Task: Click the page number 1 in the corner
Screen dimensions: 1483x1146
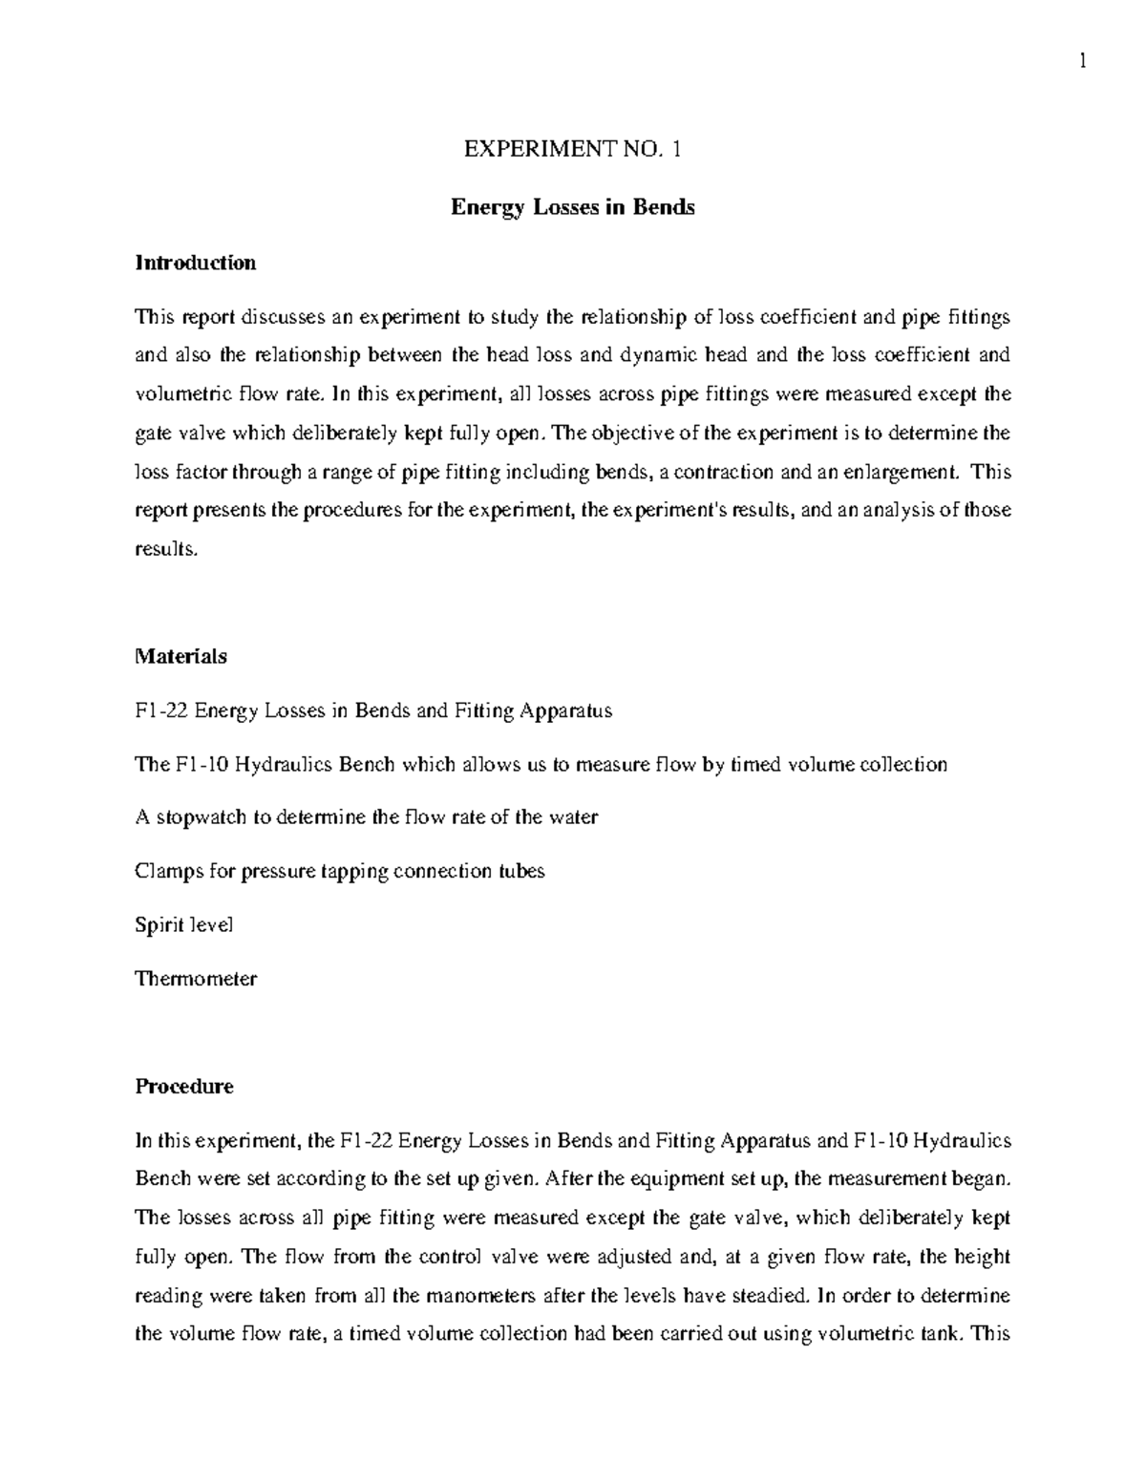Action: (1082, 63)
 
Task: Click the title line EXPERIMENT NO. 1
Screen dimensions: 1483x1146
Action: (572, 149)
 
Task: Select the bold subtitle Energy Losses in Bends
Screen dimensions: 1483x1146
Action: (572, 206)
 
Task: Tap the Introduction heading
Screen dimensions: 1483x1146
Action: (195, 263)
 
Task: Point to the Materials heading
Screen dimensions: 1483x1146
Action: (180, 656)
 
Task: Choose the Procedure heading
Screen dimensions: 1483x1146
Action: (183, 1086)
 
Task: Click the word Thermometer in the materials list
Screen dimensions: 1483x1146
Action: (196, 979)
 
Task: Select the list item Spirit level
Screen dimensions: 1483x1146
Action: (184, 925)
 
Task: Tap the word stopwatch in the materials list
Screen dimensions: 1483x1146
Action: (201, 817)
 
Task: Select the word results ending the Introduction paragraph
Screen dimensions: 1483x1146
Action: (166, 549)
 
